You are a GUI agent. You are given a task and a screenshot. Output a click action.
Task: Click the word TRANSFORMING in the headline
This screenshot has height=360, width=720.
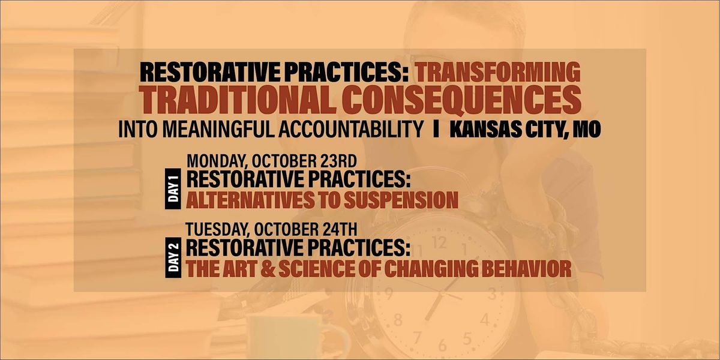pyautogui.click(x=499, y=73)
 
